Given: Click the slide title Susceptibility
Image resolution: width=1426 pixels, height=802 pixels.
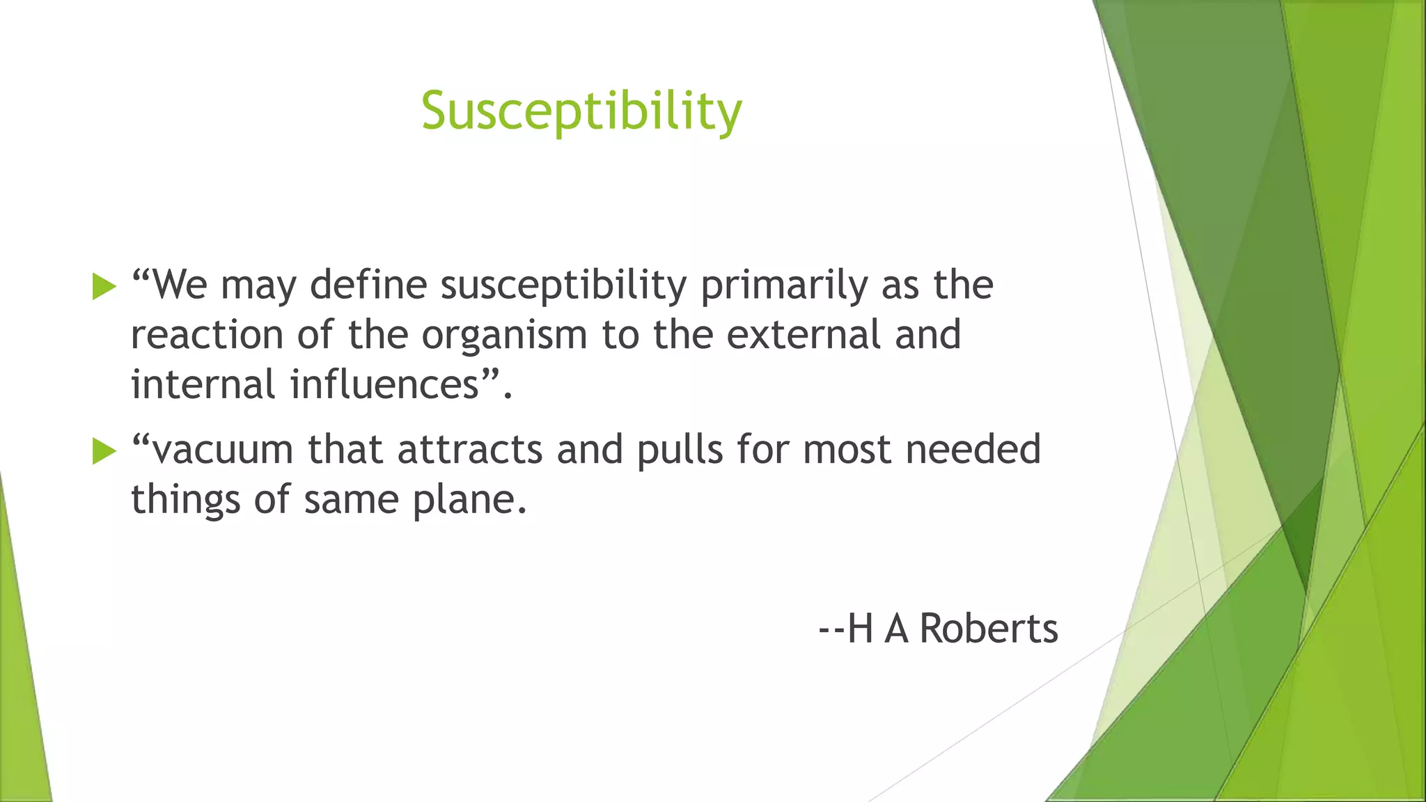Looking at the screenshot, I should click(581, 111).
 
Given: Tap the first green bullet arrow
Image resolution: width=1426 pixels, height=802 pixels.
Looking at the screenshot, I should click(104, 286).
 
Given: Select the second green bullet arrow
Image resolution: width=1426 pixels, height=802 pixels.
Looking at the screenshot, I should click(104, 450).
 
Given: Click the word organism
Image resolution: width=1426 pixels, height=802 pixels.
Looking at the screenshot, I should click(504, 336).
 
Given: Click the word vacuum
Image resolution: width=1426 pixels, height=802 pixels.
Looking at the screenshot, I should click(223, 450).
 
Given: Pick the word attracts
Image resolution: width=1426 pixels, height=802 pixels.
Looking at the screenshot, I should click(469, 450).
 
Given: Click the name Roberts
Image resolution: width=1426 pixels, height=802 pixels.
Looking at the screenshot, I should click(989, 629).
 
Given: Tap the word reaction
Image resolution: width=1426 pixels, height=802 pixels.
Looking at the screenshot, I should click(207, 336).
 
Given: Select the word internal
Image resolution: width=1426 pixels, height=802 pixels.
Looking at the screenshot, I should click(203, 384).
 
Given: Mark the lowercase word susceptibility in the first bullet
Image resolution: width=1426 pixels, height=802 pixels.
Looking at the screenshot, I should click(563, 286).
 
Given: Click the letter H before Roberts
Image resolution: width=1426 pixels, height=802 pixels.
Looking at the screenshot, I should click(861, 629).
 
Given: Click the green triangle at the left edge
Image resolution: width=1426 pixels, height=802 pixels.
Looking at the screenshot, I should click(21, 661).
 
